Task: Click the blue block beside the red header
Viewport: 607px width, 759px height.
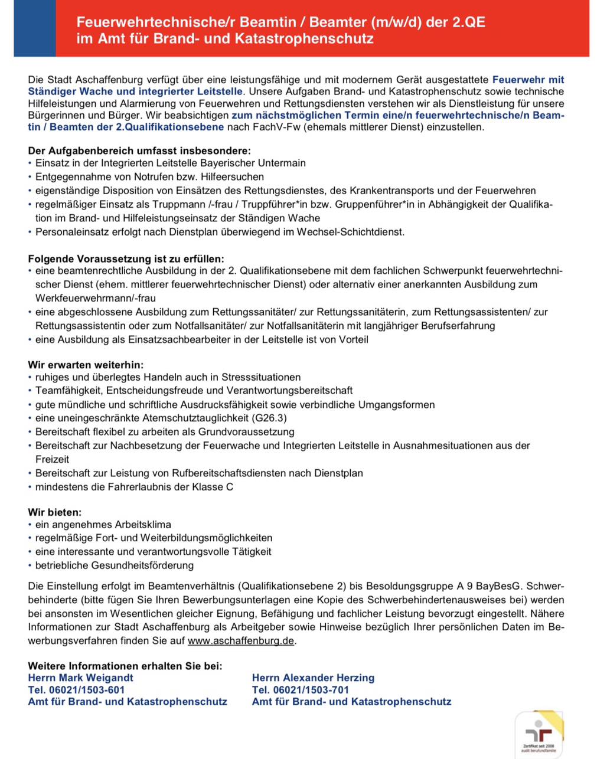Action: point(34,28)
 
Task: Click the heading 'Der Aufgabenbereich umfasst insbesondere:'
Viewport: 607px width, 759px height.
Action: point(139,151)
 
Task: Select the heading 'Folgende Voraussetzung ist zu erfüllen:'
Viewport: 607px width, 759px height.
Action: point(126,259)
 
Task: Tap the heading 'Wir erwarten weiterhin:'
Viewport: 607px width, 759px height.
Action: point(86,365)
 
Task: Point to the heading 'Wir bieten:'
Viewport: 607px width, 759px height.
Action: point(55,512)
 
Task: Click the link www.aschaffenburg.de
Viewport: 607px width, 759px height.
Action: point(240,641)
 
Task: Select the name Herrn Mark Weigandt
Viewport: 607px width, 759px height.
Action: point(80,678)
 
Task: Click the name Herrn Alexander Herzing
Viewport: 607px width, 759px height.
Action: point(313,678)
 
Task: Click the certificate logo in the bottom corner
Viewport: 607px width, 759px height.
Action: point(539,735)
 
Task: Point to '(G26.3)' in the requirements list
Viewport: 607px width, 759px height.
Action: point(269,418)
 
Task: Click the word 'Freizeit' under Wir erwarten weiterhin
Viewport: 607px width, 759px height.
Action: point(52,459)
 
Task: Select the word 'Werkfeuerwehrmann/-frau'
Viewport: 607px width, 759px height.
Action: point(96,298)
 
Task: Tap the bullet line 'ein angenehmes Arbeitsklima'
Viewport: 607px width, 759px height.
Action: point(103,524)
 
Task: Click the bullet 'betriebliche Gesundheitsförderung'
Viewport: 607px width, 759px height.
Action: point(115,565)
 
